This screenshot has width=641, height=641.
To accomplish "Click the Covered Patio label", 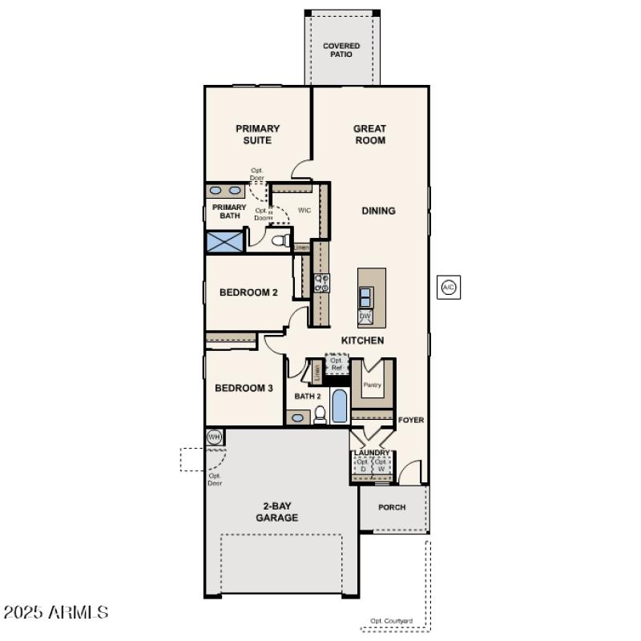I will [x=341, y=50].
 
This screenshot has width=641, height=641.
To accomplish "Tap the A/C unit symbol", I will [x=449, y=287].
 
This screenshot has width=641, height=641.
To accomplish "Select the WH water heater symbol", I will [x=214, y=437].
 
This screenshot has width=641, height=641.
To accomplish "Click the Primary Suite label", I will [x=257, y=135].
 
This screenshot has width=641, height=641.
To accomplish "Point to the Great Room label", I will [x=369, y=135].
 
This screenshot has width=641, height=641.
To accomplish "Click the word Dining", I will [x=378, y=211].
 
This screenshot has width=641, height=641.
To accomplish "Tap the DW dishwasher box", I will [x=365, y=316].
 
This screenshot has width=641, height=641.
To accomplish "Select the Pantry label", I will [x=372, y=385].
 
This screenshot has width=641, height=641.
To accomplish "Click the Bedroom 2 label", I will [x=248, y=292].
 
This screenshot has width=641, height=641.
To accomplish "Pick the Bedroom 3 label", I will [x=244, y=388].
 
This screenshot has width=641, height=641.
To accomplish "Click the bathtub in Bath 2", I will [x=340, y=406].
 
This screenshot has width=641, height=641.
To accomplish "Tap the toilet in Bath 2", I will [x=320, y=415].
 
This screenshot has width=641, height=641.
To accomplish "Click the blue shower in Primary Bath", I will [x=225, y=242].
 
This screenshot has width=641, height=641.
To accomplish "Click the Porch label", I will [x=392, y=507].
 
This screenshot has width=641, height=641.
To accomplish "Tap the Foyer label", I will [x=411, y=420].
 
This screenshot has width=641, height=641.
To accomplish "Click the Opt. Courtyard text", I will [x=391, y=621].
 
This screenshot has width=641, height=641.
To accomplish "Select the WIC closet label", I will [x=304, y=210].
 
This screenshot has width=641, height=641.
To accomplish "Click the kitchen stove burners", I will [x=321, y=282].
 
